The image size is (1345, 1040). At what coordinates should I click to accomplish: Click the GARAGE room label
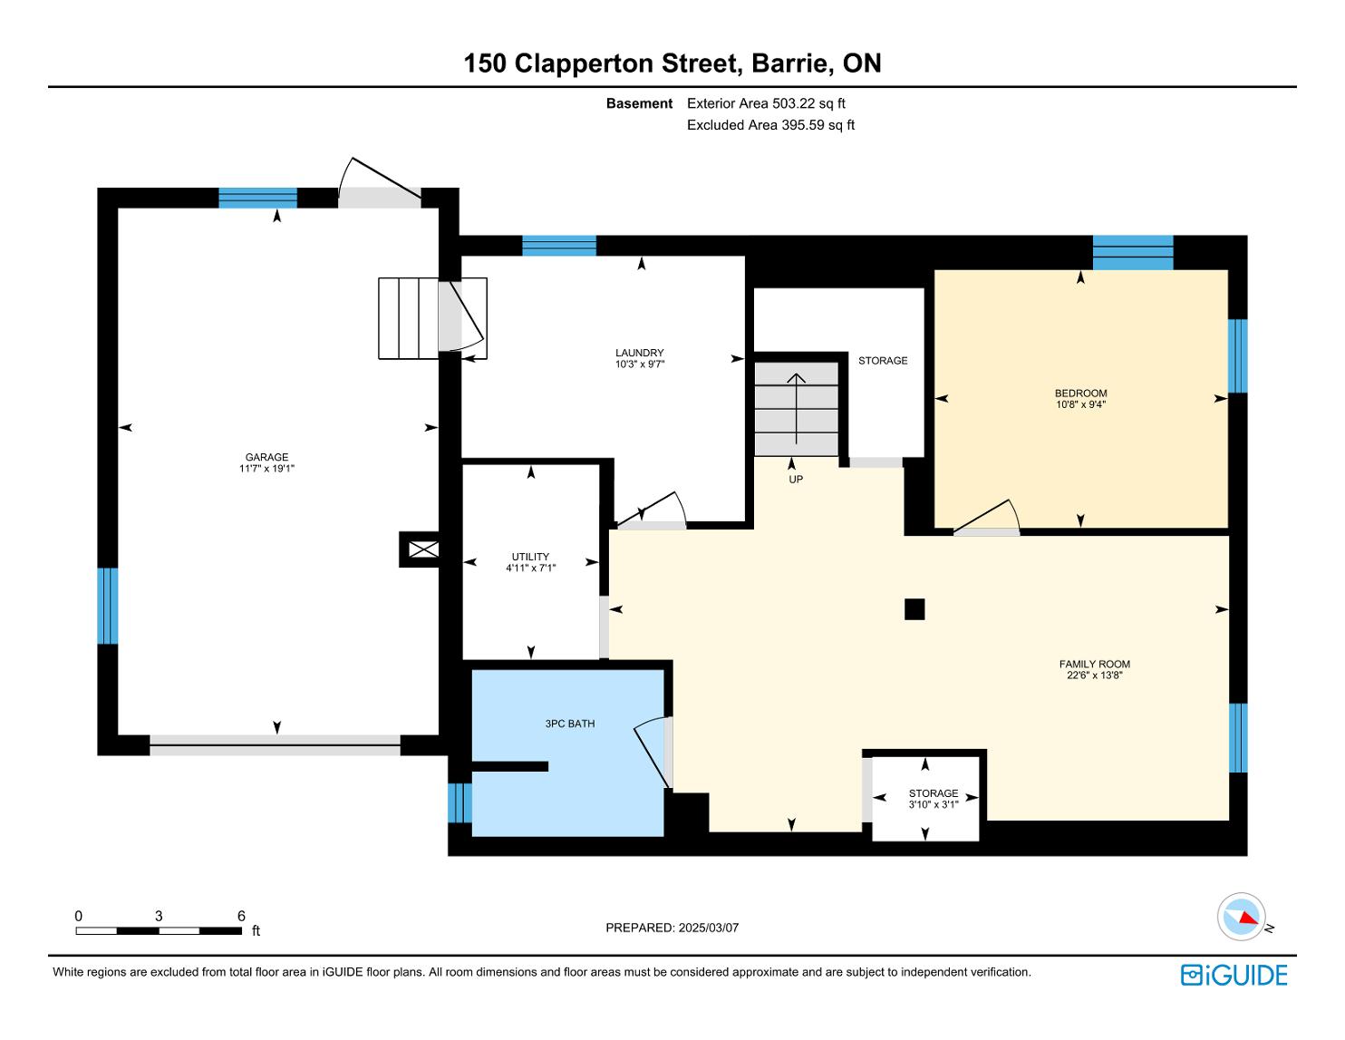pyautogui.click(x=266, y=458)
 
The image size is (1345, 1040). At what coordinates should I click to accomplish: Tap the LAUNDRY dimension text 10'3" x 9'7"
pyautogui.click(x=639, y=364)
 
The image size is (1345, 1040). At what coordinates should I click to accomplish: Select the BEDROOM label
pyautogui.click(x=1080, y=394)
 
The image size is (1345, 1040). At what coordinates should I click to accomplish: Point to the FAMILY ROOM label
pyautogui.click(x=1094, y=665)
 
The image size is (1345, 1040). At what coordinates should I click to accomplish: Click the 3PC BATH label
pyautogui.click(x=569, y=724)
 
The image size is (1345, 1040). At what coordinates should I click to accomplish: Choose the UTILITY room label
pyautogui.click(x=530, y=557)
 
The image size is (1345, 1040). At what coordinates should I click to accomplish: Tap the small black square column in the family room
pyautogui.click(x=914, y=609)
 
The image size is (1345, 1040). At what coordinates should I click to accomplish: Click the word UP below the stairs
pyautogui.click(x=796, y=479)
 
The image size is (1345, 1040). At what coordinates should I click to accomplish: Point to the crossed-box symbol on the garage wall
pyautogui.click(x=424, y=549)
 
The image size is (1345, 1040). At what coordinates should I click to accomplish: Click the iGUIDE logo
pyautogui.click(x=1234, y=976)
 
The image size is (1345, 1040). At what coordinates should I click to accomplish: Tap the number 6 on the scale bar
pyautogui.click(x=241, y=916)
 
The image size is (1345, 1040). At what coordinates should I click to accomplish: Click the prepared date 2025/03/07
pyautogui.click(x=709, y=928)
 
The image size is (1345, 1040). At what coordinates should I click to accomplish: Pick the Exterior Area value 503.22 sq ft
pyautogui.click(x=808, y=103)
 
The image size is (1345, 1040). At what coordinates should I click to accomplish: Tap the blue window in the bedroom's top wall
pyautogui.click(x=1133, y=253)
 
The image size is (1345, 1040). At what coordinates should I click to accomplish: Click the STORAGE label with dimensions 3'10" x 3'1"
pyautogui.click(x=934, y=799)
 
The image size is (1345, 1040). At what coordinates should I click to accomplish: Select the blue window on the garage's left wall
pyautogui.click(x=108, y=606)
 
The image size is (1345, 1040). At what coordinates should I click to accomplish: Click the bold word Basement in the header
pyautogui.click(x=639, y=103)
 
